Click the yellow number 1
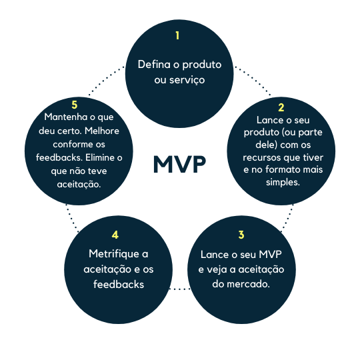tap(177, 35)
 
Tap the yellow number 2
tap(281, 107)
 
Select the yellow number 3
tap(241, 235)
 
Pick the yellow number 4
tap(115, 235)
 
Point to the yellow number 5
tap(75, 105)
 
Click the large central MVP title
tap(179, 164)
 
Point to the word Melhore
tap(102, 131)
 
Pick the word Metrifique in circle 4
tap(113, 255)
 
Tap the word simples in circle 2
tap(283, 182)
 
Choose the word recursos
tap(262, 158)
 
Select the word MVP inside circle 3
tap(270, 255)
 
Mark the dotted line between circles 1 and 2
tap(253, 81)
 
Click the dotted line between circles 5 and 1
tap(107, 81)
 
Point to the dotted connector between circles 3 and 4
tap(179, 289)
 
